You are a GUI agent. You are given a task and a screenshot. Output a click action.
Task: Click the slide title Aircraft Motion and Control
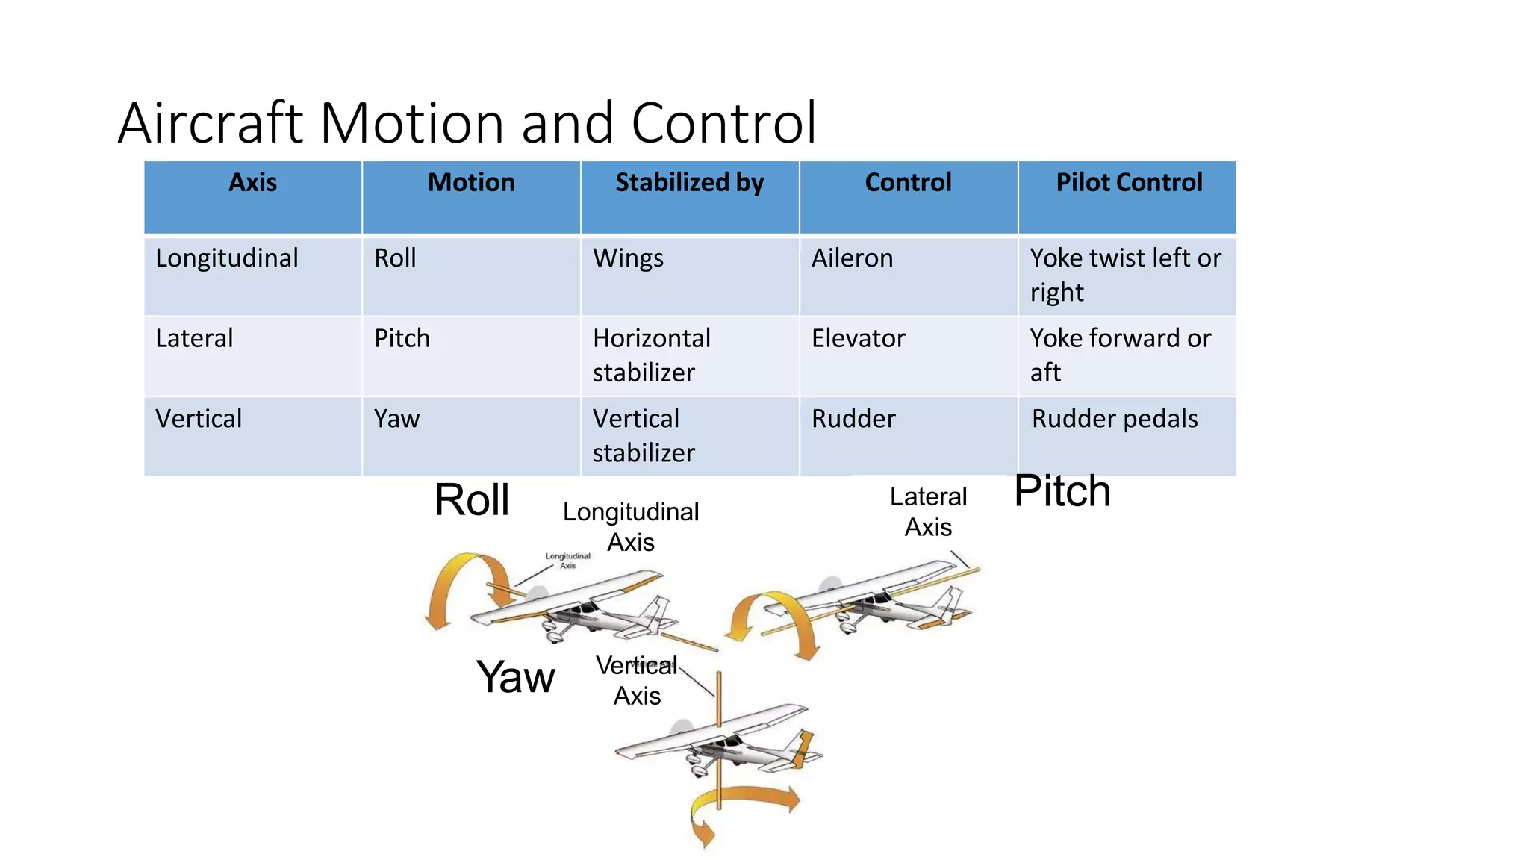pos(467,123)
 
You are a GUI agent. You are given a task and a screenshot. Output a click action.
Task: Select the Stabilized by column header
pos(689,183)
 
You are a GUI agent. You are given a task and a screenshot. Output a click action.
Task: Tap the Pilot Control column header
pos(1128,183)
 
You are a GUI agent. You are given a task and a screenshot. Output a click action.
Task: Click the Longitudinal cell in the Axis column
pos(227,258)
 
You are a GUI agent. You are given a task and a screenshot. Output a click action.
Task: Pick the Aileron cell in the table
pos(852,258)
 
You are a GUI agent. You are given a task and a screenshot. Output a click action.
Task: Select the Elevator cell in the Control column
pos(858,339)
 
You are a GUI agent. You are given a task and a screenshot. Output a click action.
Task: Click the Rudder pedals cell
pos(1114,419)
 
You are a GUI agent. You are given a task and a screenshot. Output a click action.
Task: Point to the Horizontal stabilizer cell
pos(651,355)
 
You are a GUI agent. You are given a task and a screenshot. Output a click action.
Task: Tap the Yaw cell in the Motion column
pos(396,419)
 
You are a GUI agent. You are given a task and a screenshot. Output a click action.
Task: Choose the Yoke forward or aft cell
pos(1119,355)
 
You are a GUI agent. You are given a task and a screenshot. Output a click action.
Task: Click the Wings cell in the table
pos(628,258)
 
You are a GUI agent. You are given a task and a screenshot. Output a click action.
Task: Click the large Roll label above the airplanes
pos(472,499)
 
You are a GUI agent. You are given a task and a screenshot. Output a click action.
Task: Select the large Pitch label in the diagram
pos(1062,491)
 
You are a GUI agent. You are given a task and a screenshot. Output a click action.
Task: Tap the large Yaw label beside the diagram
pos(515,677)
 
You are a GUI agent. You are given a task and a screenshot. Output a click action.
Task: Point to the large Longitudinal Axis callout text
pos(631,527)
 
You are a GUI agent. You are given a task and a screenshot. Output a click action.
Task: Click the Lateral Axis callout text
pos(928,512)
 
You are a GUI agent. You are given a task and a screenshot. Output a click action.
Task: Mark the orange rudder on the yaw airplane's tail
pos(803,747)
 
